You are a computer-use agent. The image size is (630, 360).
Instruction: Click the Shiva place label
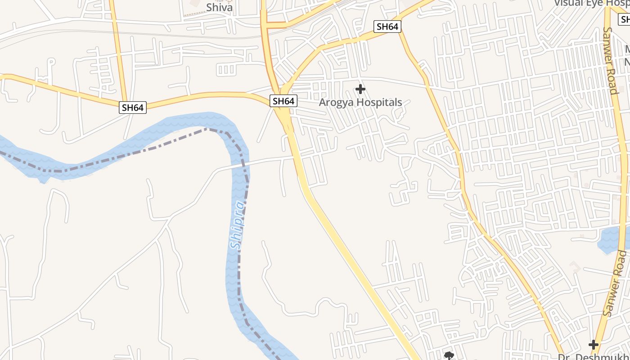[219, 8]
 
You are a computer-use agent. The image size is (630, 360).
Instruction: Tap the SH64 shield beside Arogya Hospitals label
[283, 101]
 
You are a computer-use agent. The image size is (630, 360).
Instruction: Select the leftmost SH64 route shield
[133, 108]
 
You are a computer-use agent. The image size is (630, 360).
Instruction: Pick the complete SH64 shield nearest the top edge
[387, 27]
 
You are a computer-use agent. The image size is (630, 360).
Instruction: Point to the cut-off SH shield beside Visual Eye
[625, 19]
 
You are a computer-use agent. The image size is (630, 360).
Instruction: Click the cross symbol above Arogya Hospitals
[360, 89]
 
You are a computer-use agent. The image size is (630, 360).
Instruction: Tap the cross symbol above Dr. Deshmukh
[594, 345]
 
